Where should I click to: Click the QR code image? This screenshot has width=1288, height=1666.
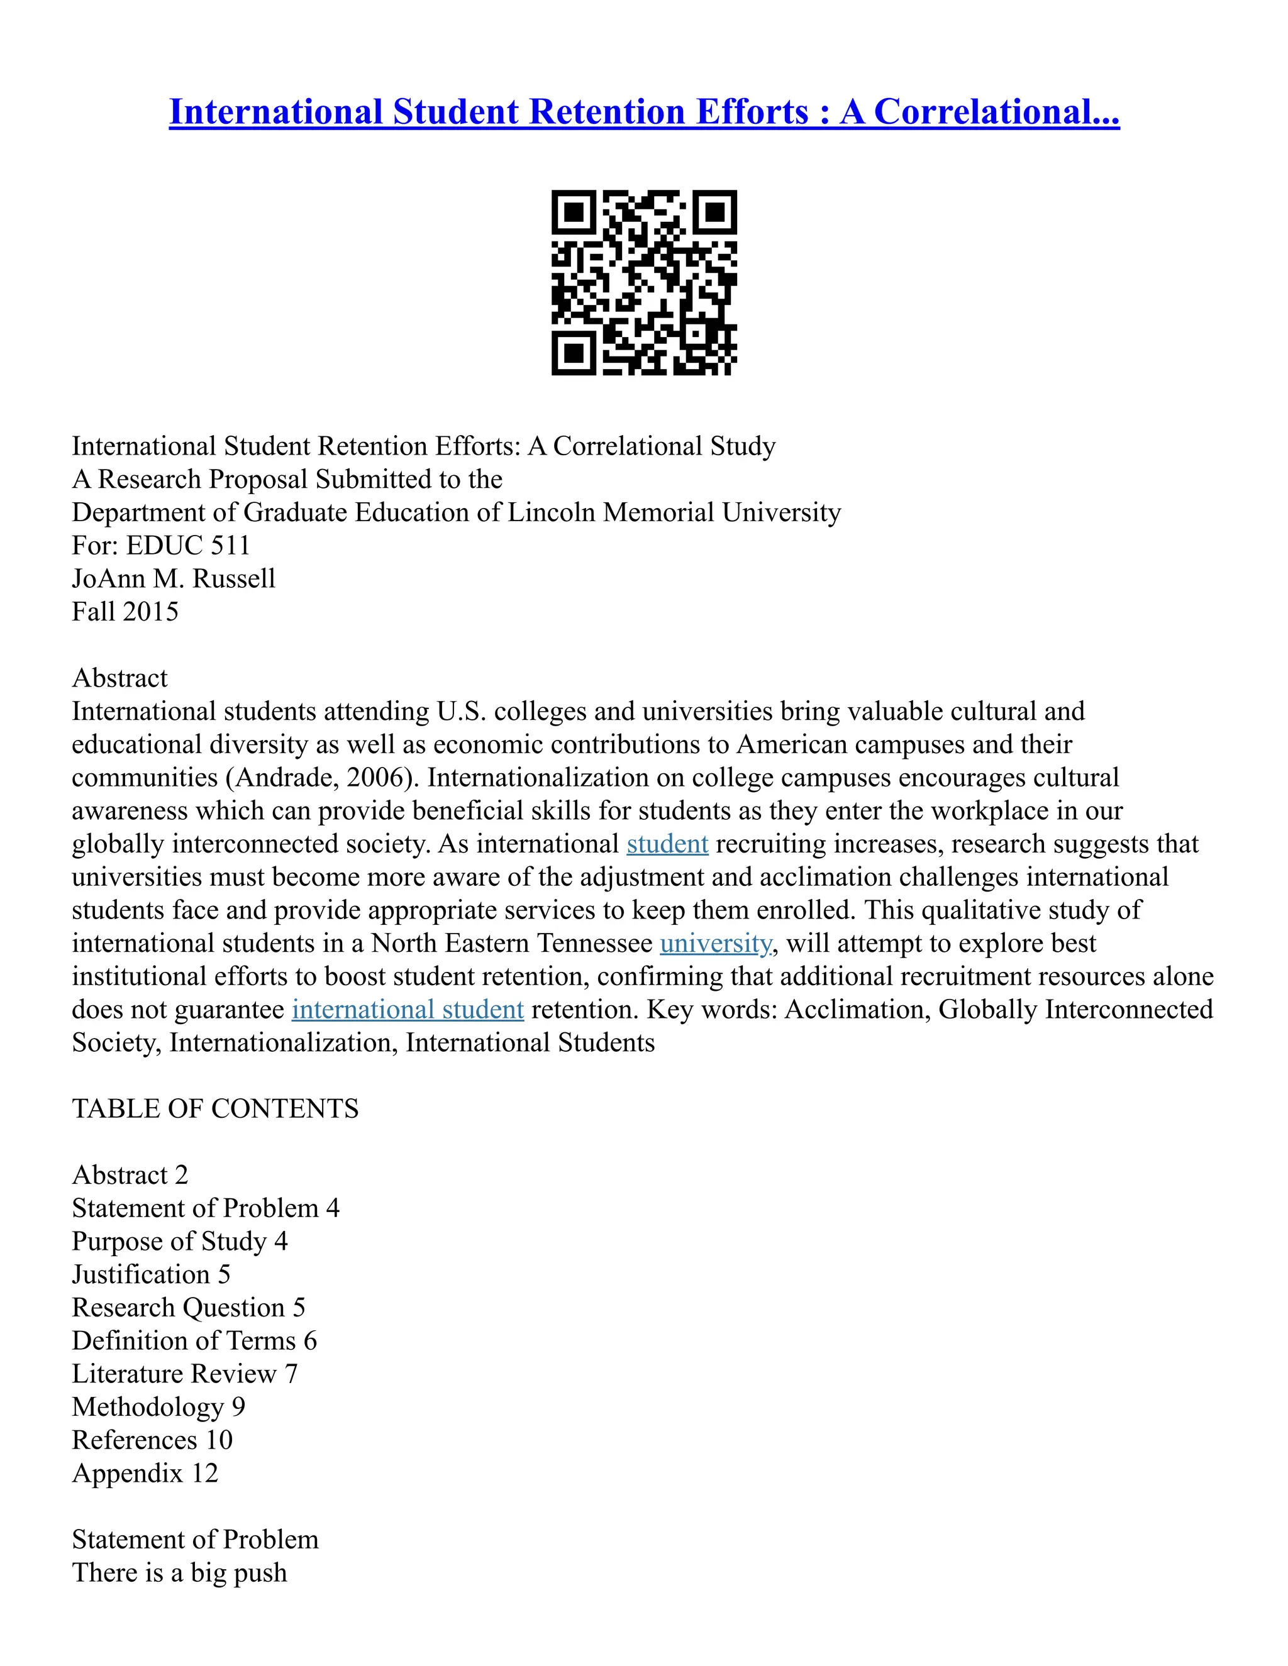coord(644,282)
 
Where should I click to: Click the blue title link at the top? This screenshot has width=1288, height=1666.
coord(644,111)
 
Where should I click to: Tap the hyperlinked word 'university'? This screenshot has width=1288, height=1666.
coord(716,944)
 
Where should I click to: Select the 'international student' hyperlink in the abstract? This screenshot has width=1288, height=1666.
coord(408,1010)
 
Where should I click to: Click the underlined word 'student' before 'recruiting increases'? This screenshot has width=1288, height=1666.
coord(667,844)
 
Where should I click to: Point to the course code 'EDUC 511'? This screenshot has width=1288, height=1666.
coord(187,546)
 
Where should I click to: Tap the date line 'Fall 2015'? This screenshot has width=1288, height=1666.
coord(125,612)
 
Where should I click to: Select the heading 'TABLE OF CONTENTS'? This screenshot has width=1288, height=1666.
coord(215,1109)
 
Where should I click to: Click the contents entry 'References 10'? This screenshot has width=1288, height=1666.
coord(152,1440)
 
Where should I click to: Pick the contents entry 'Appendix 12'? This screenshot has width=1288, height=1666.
coord(145,1474)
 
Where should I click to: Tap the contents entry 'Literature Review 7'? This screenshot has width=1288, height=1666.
coord(185,1374)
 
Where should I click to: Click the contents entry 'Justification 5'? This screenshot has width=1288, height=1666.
coord(151,1275)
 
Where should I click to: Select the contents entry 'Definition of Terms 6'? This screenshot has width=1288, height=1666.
coord(194,1341)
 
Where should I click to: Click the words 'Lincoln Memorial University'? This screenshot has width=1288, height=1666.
coord(674,512)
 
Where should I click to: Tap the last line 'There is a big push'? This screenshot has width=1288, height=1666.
coord(179,1573)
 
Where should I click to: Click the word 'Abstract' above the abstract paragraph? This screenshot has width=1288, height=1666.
coord(119,678)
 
